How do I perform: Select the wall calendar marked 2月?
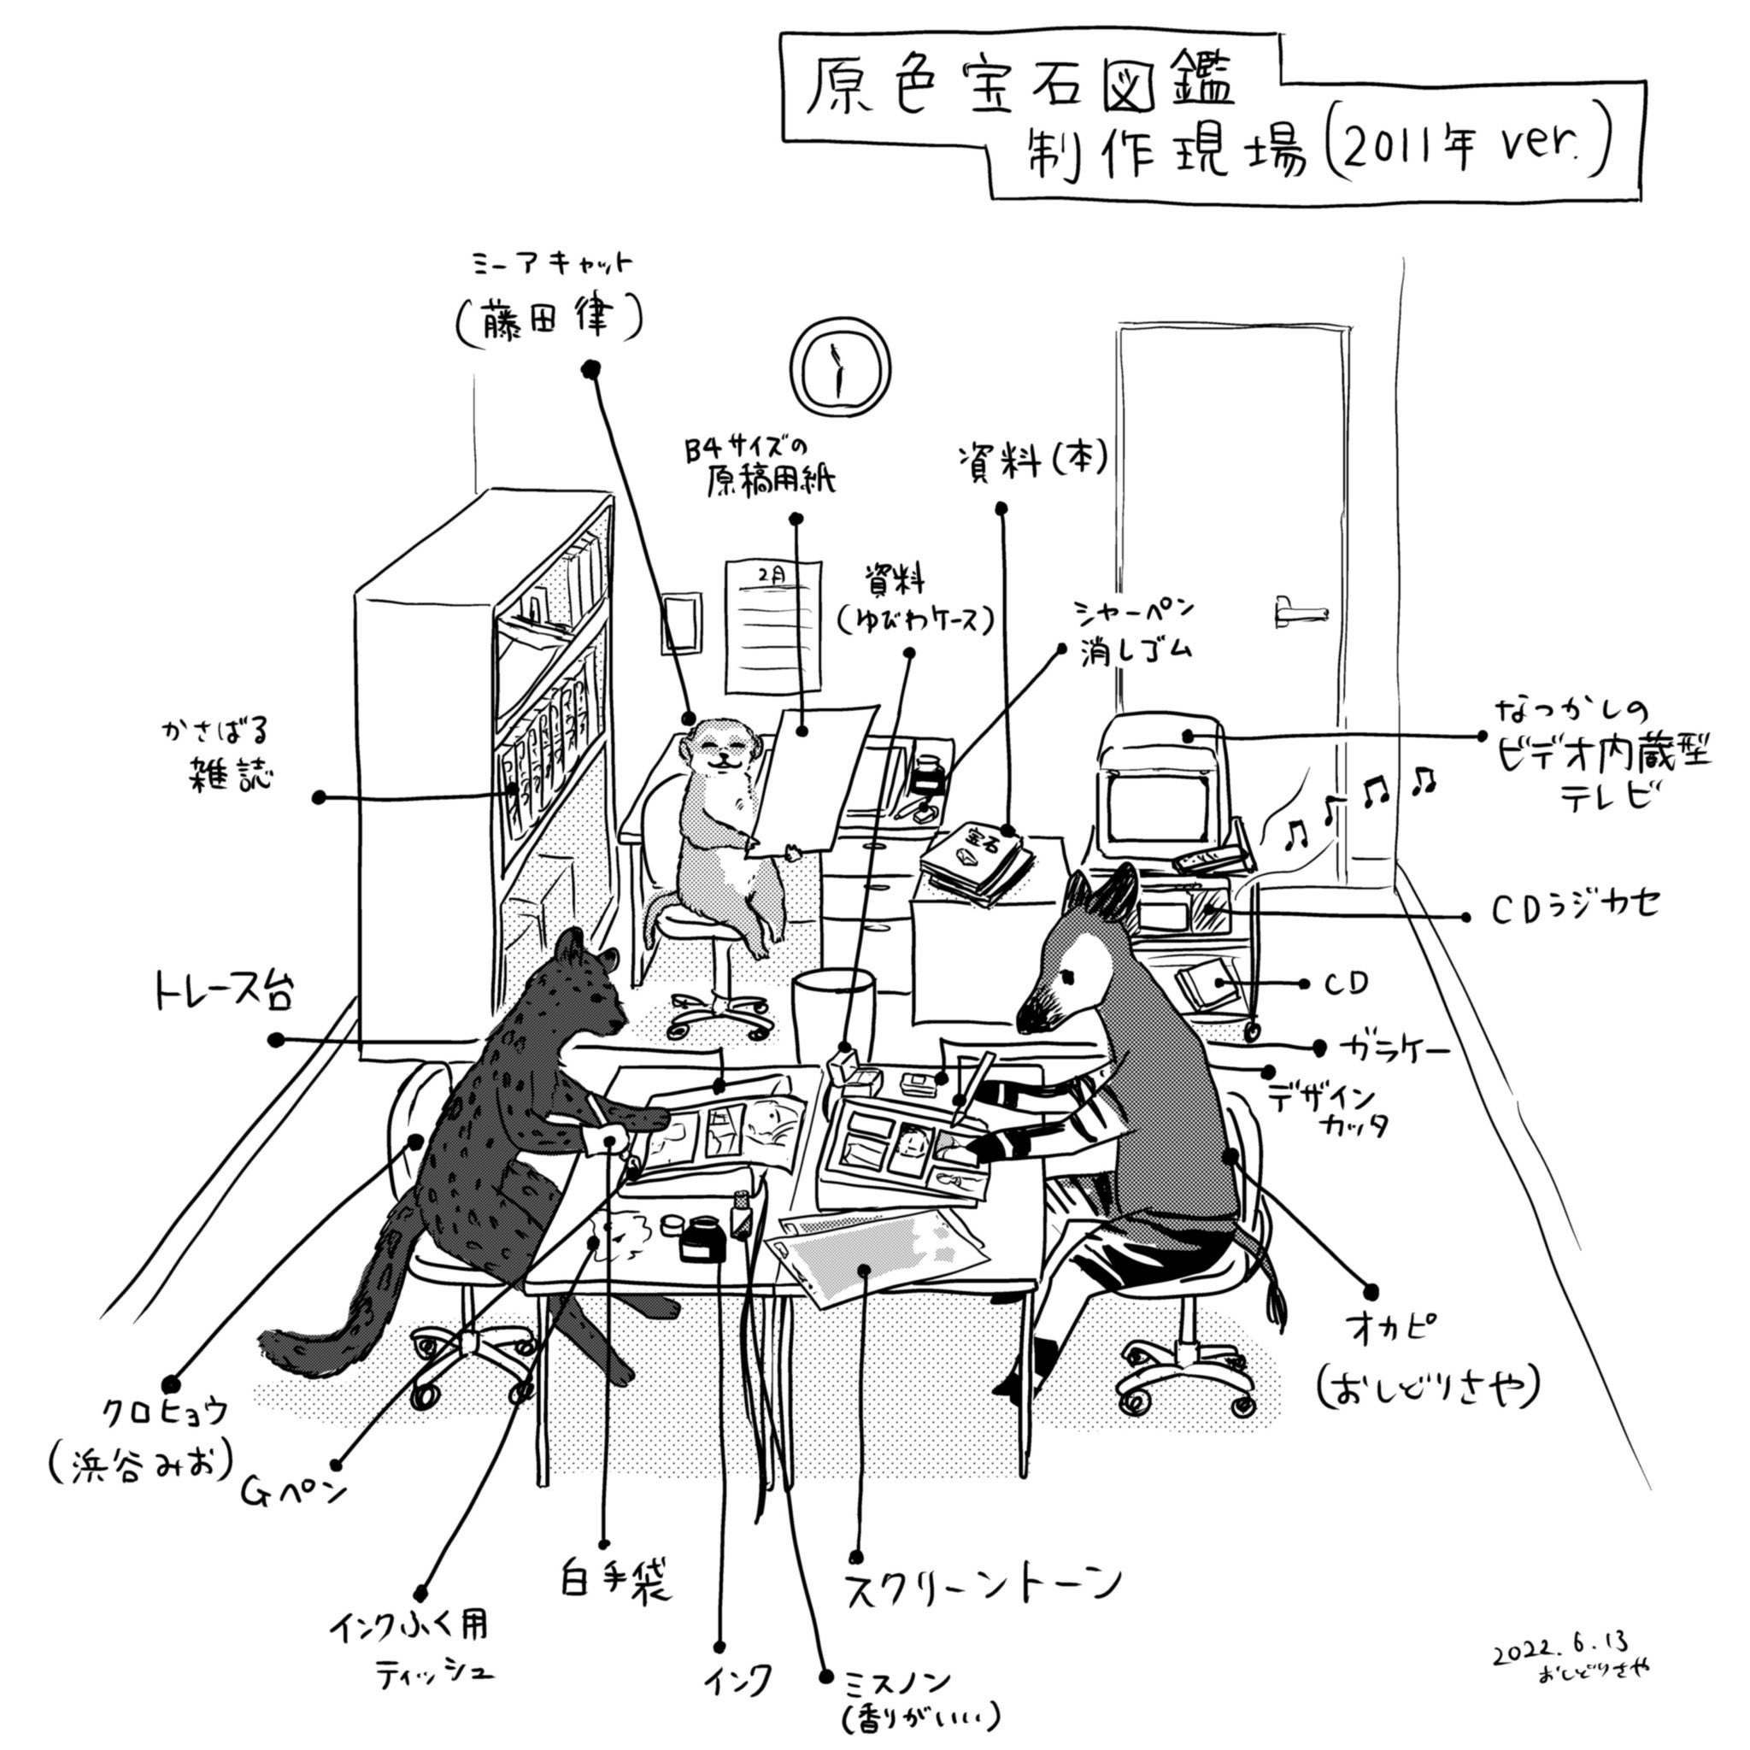click(772, 624)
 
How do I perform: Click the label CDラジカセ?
click(1575, 908)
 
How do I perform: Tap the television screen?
click(1155, 810)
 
